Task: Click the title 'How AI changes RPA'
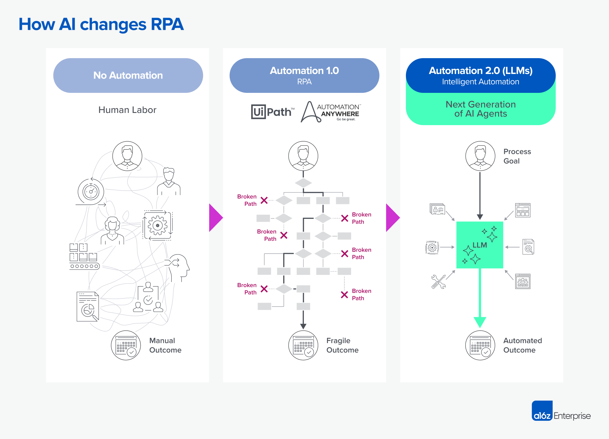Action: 101,24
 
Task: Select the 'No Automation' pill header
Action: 128,76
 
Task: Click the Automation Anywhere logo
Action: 331,112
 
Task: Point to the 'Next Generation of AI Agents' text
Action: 481,109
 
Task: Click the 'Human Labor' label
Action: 127,110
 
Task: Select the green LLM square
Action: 480,245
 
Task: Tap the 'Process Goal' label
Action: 517,156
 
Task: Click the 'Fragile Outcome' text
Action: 342,345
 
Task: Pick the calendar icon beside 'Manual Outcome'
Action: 126,345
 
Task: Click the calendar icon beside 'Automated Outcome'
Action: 480,345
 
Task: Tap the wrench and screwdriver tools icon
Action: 438,282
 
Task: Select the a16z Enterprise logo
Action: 561,411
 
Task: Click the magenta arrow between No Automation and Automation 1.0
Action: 216,218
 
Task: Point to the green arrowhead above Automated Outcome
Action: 480,322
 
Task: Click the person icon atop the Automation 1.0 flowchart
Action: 303,156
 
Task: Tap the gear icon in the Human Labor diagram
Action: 157,226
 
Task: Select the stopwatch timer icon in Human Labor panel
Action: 91,192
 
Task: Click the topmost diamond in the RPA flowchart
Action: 303,183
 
